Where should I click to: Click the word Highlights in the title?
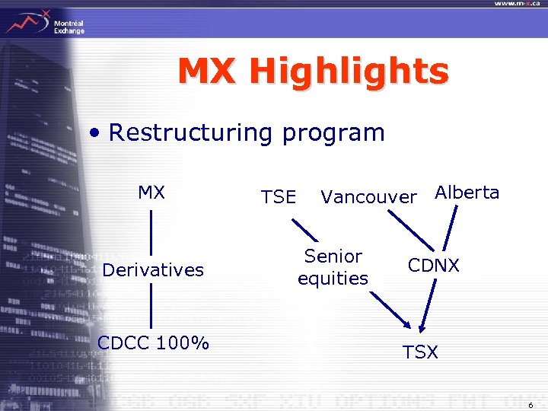tap(349, 72)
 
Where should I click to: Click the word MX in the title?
tap(209, 72)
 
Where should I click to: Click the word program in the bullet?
tap(333, 133)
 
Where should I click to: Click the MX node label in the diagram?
tap(151, 193)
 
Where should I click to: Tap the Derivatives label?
tap(153, 270)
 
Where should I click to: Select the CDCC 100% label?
tap(153, 342)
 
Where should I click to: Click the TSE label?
tap(278, 197)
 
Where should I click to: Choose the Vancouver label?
tap(369, 197)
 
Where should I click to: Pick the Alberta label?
tap(467, 193)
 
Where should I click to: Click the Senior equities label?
tap(333, 267)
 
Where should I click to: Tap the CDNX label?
tap(434, 267)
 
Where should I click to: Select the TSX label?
tap(420, 353)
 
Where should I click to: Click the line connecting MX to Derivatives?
tap(151, 232)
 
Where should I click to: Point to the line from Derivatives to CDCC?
tap(151, 306)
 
